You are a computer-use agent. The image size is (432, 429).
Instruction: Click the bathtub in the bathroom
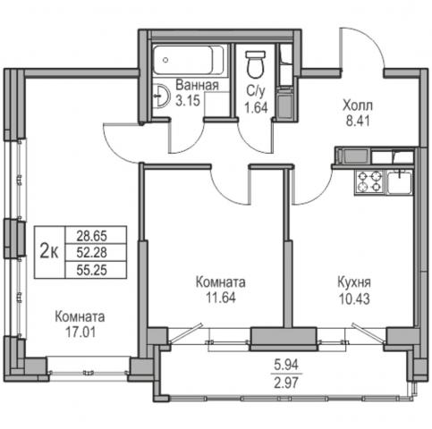188,60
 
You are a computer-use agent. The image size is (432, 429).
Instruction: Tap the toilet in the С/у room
256,64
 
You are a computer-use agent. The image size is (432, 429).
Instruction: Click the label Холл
358,105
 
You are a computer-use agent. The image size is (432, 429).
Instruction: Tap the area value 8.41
358,121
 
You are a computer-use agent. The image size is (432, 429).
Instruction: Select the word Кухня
354,282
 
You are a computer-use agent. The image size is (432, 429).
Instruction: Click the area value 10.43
354,299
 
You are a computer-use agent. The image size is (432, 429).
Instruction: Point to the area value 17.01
80,332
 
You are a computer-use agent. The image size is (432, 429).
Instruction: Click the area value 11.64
221,298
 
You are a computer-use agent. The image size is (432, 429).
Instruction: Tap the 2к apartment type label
49,252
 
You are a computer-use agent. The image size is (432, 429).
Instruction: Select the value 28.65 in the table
92,236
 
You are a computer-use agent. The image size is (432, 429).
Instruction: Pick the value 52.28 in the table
92,253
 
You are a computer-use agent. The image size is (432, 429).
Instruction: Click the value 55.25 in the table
92,270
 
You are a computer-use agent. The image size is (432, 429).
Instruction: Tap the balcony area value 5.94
286,365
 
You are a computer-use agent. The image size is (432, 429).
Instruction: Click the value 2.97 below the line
286,383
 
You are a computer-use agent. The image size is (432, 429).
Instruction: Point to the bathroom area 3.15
188,101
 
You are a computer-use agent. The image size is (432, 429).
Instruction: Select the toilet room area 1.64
256,107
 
